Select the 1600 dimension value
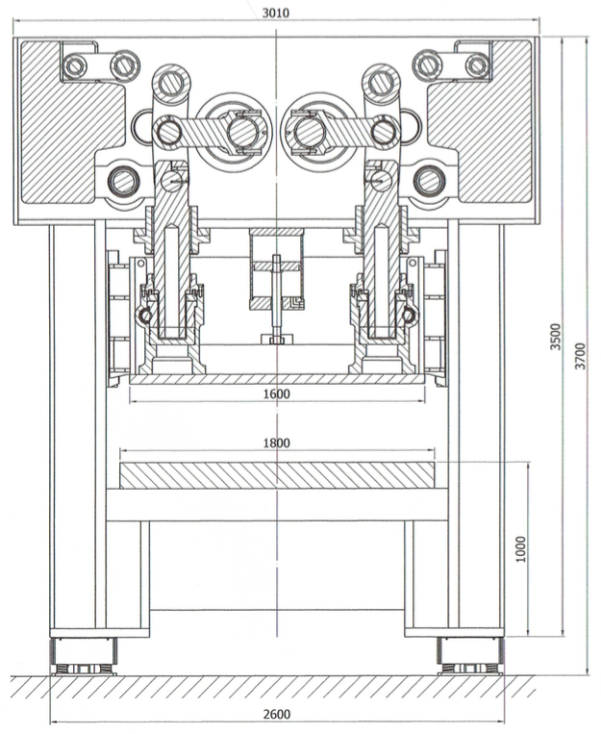274,393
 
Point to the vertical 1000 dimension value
520,548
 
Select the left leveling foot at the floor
85,661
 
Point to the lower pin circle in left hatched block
122,180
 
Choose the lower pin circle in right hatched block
429,180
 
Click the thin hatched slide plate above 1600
275,379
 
